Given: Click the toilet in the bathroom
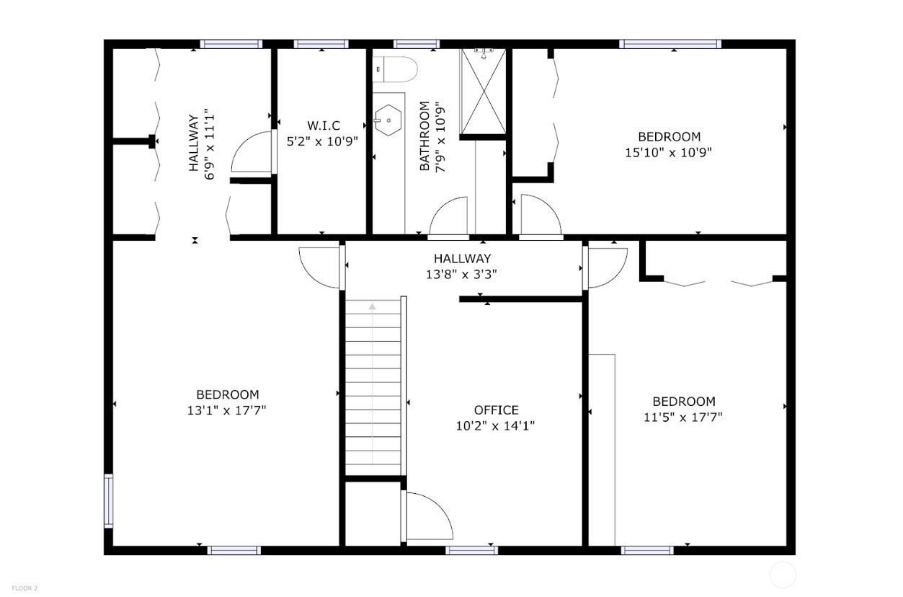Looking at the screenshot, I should (396, 70).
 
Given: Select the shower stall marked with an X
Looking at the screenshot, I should (483, 92).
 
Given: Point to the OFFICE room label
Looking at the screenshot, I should (495, 410).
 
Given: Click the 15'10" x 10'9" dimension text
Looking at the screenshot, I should (669, 152).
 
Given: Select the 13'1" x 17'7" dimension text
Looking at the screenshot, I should (227, 410).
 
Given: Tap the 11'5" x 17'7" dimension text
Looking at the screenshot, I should (683, 417).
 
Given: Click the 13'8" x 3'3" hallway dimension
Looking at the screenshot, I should (462, 274).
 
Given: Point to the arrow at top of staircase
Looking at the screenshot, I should (373, 306).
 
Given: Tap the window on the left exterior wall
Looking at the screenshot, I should (109, 500).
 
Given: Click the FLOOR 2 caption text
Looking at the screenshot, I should (25, 588).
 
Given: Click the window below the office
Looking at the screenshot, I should (471, 550).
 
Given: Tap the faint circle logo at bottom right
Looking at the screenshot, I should (783, 575).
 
